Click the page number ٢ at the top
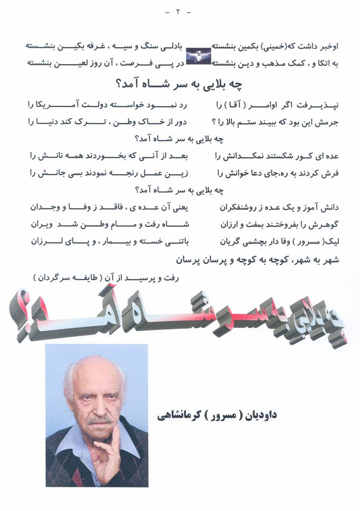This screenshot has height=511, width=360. pos(180,12)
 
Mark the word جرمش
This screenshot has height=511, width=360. pos(326,122)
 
